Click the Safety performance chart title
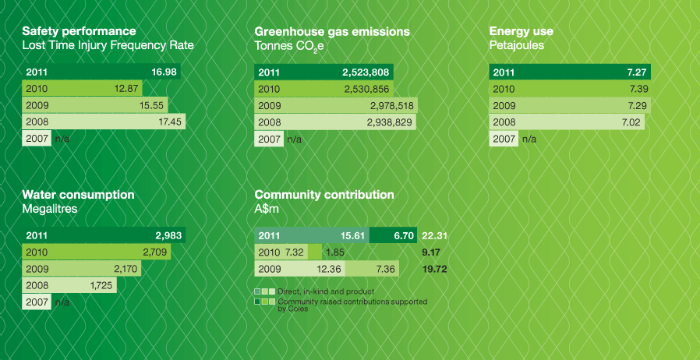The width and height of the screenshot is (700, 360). point(79,31)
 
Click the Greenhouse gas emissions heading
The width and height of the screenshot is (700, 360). point(332,31)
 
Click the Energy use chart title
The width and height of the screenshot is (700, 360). point(521,31)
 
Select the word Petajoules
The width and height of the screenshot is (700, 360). point(516,45)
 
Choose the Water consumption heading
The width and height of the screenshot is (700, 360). point(78,194)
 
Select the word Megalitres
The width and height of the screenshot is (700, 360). point(51,209)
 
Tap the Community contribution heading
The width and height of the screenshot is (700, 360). point(324,194)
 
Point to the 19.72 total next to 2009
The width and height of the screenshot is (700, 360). point(435,270)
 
